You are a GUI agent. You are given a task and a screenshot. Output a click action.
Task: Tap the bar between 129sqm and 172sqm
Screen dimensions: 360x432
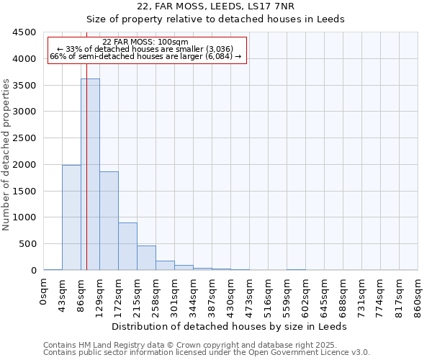coord(109,220)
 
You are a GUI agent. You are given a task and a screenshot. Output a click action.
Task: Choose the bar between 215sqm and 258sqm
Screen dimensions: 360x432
coord(146,258)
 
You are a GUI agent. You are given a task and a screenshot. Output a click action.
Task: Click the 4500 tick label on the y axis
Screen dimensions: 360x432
coord(24,32)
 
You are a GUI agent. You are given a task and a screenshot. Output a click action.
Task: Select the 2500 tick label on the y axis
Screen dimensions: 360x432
coord(24,138)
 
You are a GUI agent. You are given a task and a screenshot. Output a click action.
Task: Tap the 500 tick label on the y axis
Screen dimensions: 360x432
coord(27,244)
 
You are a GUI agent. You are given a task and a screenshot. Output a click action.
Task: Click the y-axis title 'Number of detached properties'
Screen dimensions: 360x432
coord(6,155)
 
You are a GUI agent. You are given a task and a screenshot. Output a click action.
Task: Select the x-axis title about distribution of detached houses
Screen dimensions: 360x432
coord(230,326)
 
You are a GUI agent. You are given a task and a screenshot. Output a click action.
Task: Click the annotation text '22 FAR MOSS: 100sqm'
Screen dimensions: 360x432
coord(145,42)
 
